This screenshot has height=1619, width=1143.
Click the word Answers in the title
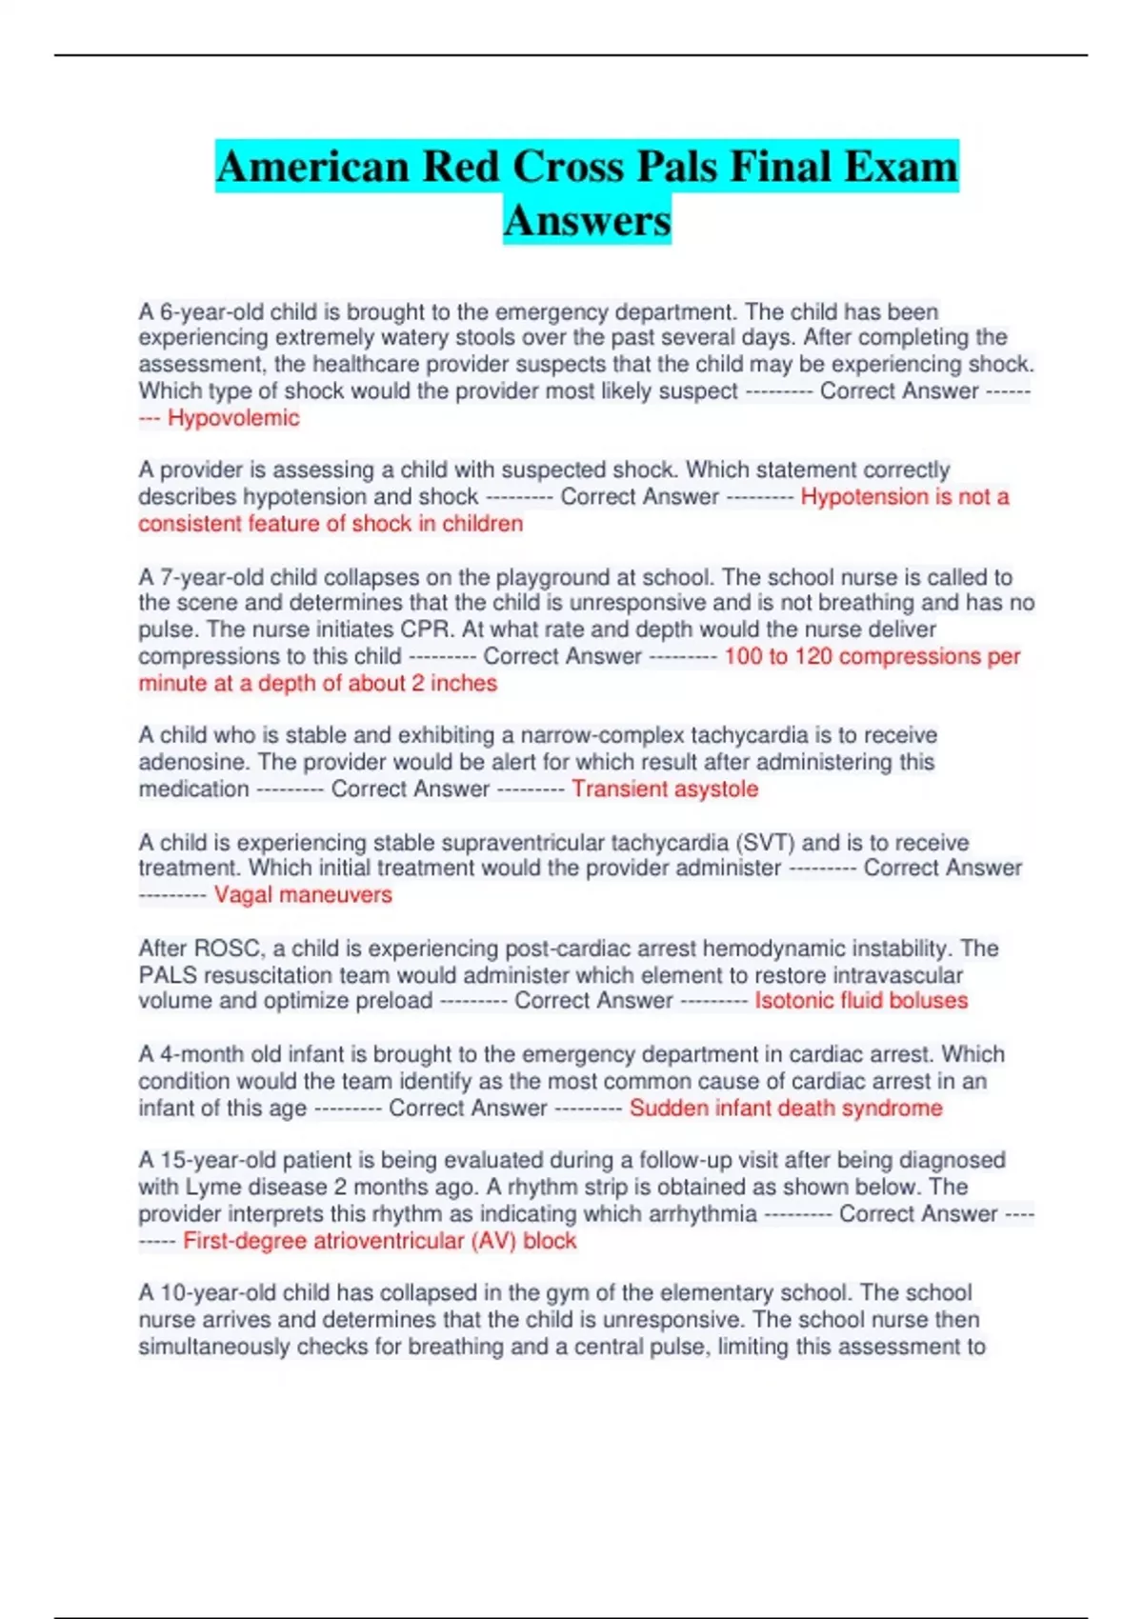pos(587,220)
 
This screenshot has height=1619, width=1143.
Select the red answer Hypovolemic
pos(233,418)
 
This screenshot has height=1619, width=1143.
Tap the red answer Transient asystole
pos(665,790)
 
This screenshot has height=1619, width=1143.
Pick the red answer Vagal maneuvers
pos(303,895)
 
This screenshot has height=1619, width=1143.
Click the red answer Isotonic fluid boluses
pos(861,1001)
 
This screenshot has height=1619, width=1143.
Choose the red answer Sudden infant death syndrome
pos(786,1109)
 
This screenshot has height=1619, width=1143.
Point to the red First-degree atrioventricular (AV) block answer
pos(379,1241)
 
